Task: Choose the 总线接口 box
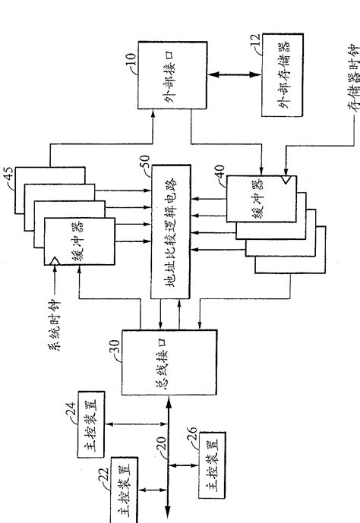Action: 169,361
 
